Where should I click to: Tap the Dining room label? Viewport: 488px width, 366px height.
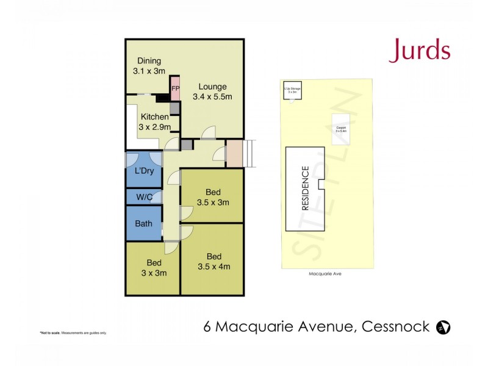point(149,66)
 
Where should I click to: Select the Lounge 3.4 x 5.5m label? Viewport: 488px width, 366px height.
point(212,91)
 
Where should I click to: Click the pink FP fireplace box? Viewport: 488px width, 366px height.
point(175,88)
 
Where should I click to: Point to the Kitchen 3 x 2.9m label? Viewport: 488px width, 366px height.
point(154,122)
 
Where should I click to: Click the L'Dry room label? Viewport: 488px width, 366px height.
point(143,171)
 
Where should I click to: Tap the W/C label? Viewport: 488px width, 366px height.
point(144,197)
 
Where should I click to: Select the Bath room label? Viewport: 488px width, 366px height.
point(143,223)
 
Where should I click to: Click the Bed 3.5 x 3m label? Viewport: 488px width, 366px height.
point(213,197)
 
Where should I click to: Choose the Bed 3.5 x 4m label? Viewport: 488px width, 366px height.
point(213,261)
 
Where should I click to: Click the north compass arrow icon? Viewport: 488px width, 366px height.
point(443,327)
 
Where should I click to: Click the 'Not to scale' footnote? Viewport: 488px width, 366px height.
point(73,332)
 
